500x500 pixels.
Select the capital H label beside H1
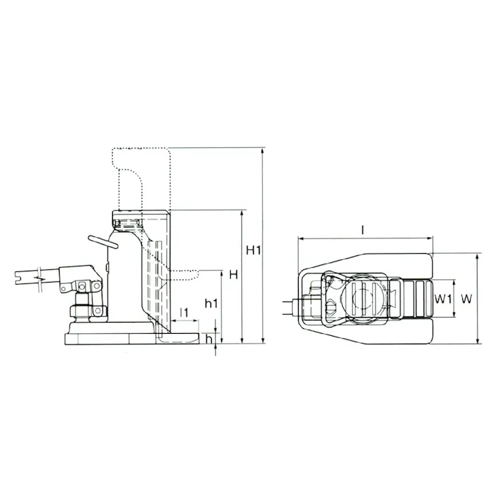click(x=234, y=274)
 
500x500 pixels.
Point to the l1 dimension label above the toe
click(x=184, y=311)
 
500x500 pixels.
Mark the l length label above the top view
click(x=363, y=229)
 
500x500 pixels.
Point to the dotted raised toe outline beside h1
click(x=186, y=271)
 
